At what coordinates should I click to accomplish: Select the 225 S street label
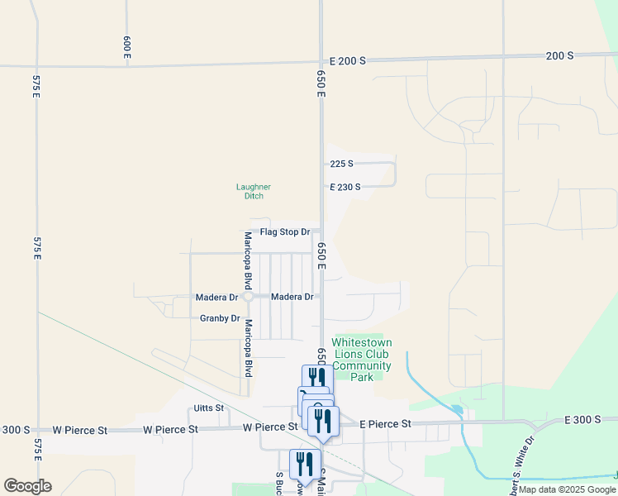pyautogui.click(x=341, y=164)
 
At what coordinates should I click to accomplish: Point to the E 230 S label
pyautogui.click(x=345, y=188)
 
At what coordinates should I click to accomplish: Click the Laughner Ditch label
pyautogui.click(x=254, y=191)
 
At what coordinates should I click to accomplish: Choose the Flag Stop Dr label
pyautogui.click(x=284, y=232)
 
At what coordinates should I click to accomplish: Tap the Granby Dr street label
pyautogui.click(x=220, y=318)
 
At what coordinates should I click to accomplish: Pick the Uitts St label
pyautogui.click(x=208, y=408)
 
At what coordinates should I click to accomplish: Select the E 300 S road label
pyautogui.click(x=583, y=420)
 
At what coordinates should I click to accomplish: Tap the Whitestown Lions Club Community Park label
pyautogui.click(x=362, y=360)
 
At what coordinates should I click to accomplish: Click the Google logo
pyautogui.click(x=27, y=485)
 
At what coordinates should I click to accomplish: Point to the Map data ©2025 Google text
pyautogui.click(x=567, y=489)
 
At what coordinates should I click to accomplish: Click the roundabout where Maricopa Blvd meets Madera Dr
pyautogui.click(x=246, y=297)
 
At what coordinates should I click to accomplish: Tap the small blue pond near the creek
pyautogui.click(x=457, y=409)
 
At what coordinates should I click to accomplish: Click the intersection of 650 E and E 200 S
pyautogui.click(x=321, y=60)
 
